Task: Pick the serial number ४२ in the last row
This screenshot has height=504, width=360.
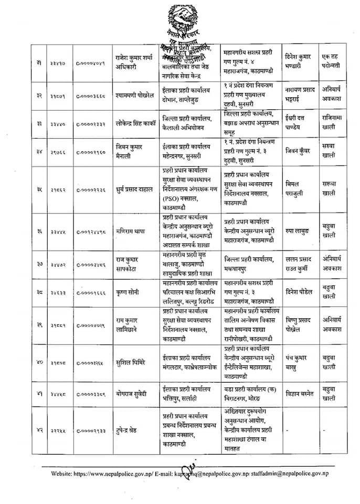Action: pos(39,429)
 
